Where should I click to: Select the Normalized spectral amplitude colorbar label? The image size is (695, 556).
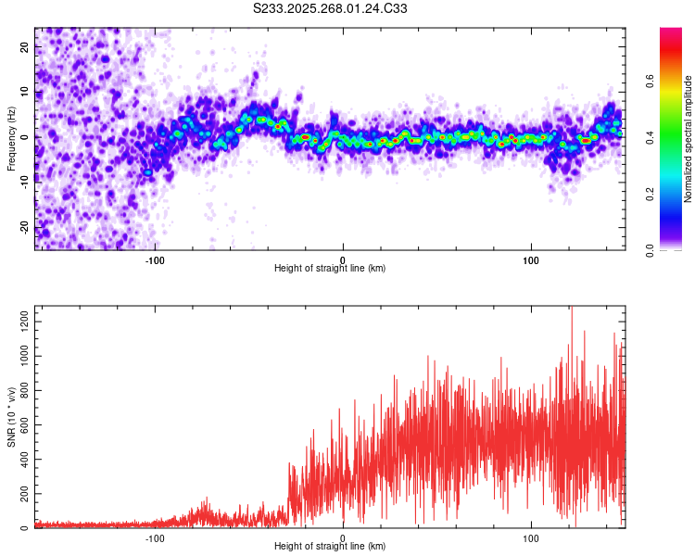click(x=689, y=139)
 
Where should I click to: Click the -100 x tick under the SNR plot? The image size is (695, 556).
click(x=154, y=537)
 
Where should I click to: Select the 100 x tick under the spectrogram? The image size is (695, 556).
click(x=531, y=259)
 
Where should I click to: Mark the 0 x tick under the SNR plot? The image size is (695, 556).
click(x=343, y=537)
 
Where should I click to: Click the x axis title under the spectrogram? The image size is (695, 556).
click(x=331, y=269)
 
